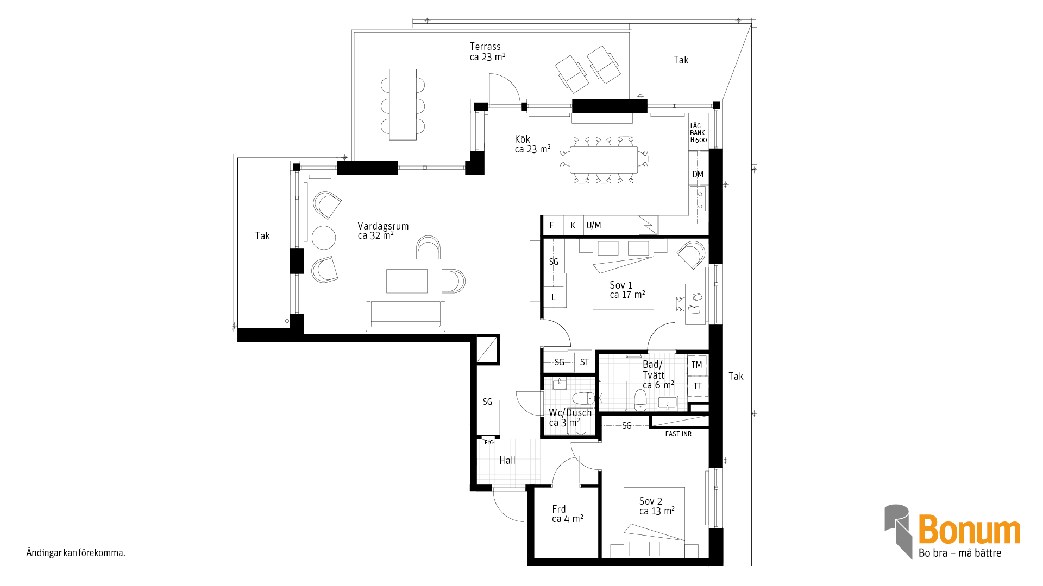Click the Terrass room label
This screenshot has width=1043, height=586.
tap(485, 47)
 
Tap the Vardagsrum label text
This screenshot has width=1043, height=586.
tap(383, 226)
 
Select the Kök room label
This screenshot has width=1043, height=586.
tap(523, 139)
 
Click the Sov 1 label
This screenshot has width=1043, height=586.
tap(621, 285)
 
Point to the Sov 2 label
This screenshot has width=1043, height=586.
tap(651, 501)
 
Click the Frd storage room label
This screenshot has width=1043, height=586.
tap(559, 509)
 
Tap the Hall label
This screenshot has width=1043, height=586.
tap(507, 460)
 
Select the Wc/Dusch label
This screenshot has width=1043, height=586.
tap(570, 413)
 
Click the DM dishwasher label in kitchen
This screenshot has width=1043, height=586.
tap(698, 174)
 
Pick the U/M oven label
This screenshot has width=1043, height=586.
tap(594, 225)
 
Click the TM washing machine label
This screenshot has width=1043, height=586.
tap(697, 365)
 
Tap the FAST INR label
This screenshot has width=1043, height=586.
tap(678, 434)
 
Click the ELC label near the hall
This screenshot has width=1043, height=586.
tap(489, 442)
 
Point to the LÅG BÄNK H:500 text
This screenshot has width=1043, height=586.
tap(699, 133)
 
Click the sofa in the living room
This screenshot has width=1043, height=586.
tap(405, 316)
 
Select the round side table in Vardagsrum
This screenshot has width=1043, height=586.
tap(324, 238)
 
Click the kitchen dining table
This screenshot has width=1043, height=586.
tap(604, 160)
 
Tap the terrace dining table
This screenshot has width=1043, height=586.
tap(403, 104)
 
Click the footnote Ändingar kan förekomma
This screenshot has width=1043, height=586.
tap(76, 553)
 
